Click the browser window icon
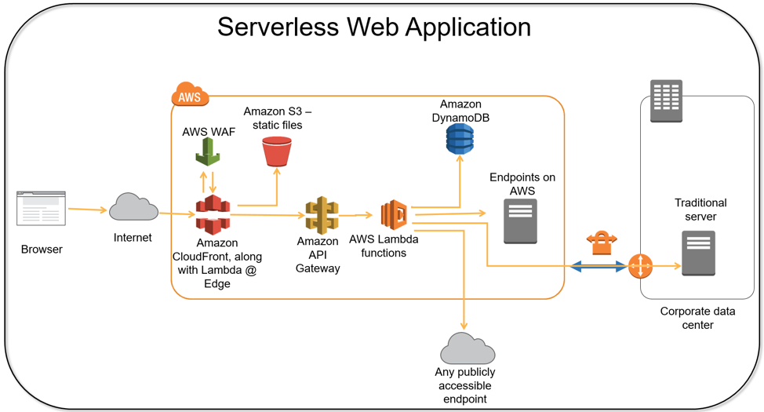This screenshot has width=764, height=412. coord(42,208)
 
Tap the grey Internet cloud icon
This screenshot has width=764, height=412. coord(133,207)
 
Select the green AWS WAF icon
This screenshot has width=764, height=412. coord(208,151)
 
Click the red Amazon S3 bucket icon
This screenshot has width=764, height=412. coord(276,151)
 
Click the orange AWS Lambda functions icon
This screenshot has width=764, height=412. coord(394,214)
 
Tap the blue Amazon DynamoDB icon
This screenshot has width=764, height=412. coord(460,138)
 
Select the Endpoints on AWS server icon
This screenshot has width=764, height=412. coord(520,221)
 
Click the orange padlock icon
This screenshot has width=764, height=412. coord(602,242)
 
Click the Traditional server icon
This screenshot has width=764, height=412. coord(698,253)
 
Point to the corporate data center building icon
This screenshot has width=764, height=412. coord(666,101)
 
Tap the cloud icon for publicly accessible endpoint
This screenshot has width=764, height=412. coord(467,348)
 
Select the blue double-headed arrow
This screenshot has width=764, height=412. coord(598,267)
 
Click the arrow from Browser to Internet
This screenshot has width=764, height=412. coord(87,210)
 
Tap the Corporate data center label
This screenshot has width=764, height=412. coord(697,318)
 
